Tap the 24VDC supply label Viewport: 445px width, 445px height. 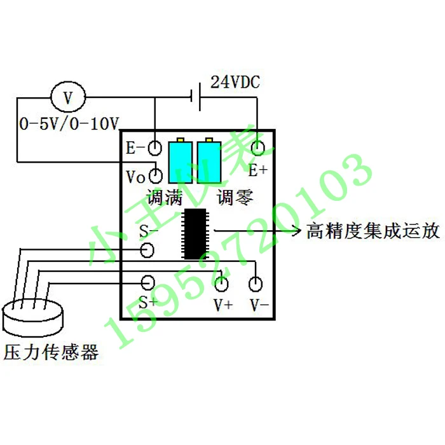pyautogui.click(x=236, y=83)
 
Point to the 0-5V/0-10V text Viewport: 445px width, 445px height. pyautogui.click(x=70, y=123)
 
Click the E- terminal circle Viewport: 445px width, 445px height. pyautogui.click(x=155, y=148)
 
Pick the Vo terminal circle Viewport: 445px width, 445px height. pyautogui.click(x=155, y=175)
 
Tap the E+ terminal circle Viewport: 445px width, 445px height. pyautogui.click(x=257, y=149)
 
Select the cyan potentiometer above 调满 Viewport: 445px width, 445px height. pyautogui.click(x=180, y=161)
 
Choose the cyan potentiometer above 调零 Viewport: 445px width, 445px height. pyautogui.click(x=209, y=161)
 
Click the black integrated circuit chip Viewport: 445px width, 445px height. pyautogui.click(x=195, y=233)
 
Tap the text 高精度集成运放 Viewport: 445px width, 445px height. pyautogui.click(x=373, y=230)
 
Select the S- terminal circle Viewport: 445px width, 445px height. pyautogui.click(x=147, y=250)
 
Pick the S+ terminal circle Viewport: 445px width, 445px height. pyautogui.click(x=147, y=282)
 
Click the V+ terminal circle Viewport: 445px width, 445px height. pyautogui.click(x=221, y=282)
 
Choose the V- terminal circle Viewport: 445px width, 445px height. pyautogui.click(x=257, y=282)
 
